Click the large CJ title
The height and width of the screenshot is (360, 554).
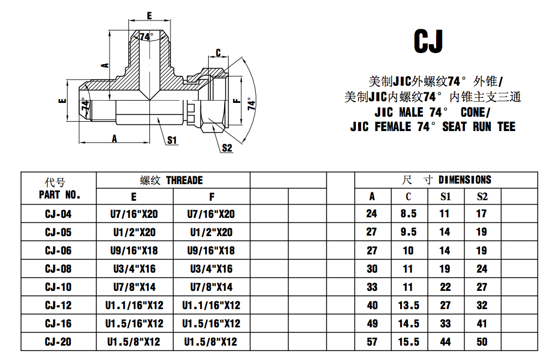(x=428, y=41)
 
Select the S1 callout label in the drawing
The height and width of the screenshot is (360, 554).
(x=172, y=140)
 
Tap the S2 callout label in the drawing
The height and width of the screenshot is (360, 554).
(x=227, y=148)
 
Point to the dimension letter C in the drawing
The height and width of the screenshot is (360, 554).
(x=219, y=53)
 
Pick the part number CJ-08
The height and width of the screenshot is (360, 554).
(x=58, y=269)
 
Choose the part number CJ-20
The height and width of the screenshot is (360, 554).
(x=58, y=342)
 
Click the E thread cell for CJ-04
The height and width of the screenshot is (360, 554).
(x=134, y=214)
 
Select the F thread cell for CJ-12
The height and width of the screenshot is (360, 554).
(x=211, y=305)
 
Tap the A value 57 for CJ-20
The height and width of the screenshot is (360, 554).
(x=372, y=342)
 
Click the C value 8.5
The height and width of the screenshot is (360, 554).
(x=408, y=213)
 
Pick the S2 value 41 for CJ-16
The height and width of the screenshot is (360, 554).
(x=482, y=324)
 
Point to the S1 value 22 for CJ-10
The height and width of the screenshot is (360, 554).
(x=445, y=287)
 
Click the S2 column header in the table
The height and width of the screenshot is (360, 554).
(x=482, y=196)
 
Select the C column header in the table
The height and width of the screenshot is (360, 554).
(x=408, y=196)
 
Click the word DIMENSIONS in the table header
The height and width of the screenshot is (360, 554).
(x=464, y=180)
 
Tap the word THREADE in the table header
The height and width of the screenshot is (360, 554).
(x=184, y=180)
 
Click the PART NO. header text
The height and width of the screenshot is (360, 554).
(x=60, y=195)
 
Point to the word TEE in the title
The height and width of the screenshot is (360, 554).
(x=506, y=127)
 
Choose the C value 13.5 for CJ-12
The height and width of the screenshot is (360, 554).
(x=408, y=305)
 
